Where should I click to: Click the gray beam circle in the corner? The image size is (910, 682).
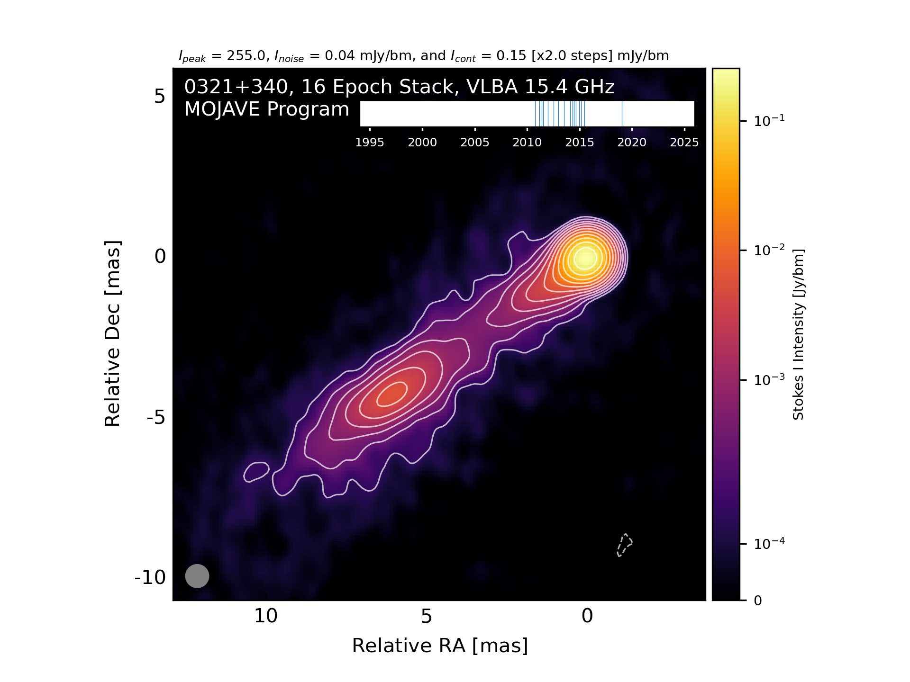tap(197, 576)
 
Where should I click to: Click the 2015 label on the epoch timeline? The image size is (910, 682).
tap(579, 142)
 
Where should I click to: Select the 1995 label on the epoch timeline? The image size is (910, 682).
tap(370, 142)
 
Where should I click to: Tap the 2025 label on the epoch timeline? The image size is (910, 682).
tap(684, 142)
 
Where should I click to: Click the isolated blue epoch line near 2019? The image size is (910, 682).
tap(622, 114)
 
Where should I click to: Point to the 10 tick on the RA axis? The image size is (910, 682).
tap(266, 616)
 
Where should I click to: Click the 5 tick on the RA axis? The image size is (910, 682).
tap(427, 616)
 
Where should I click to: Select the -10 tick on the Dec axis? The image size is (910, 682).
tap(150, 577)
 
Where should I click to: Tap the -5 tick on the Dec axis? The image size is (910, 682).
tap(156, 417)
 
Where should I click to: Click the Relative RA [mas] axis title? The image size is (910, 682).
tap(440, 646)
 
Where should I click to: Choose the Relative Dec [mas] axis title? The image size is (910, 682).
tap(112, 334)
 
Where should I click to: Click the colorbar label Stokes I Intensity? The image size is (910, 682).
tap(798, 334)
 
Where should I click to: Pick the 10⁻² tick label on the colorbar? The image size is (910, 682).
tap(769, 249)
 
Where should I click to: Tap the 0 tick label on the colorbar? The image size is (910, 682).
tap(758, 601)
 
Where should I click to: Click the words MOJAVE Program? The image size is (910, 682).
tap(266, 109)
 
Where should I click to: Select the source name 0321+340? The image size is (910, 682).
tap(236, 87)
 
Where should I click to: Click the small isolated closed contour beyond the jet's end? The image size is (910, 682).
tap(256, 472)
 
